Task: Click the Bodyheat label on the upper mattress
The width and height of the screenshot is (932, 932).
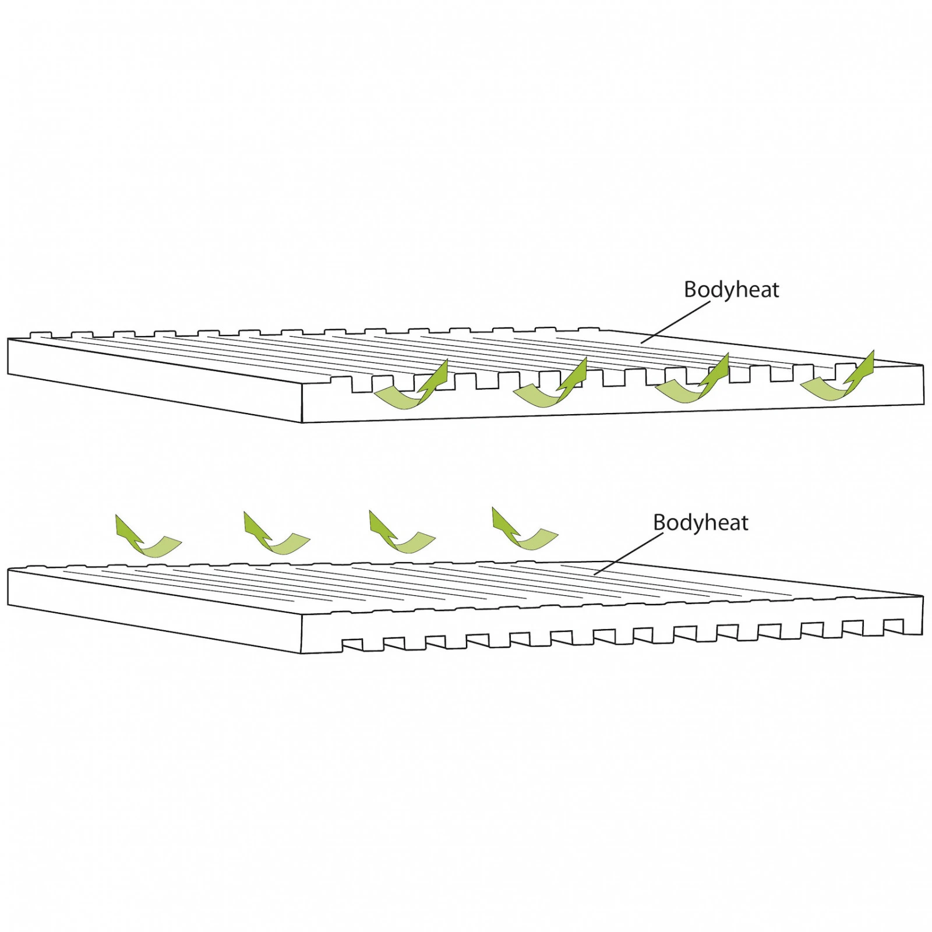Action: (x=731, y=290)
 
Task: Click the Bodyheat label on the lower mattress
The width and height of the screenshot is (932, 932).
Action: (x=700, y=523)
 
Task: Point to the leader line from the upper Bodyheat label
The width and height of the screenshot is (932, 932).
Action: (x=675, y=322)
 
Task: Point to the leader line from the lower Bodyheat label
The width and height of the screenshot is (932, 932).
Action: (x=629, y=554)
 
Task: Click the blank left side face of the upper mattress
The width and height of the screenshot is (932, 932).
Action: (x=155, y=379)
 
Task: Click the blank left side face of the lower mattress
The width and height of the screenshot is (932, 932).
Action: (x=155, y=610)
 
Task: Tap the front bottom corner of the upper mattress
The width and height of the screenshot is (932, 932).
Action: (x=302, y=422)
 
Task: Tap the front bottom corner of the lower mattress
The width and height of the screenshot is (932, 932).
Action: (x=302, y=654)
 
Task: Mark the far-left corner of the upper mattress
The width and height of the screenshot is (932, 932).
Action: (x=8, y=339)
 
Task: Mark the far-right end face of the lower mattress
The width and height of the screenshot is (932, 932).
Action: (x=922, y=615)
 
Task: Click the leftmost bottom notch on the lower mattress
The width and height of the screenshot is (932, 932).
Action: (x=352, y=645)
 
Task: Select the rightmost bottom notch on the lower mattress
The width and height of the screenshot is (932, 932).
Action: (x=894, y=626)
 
